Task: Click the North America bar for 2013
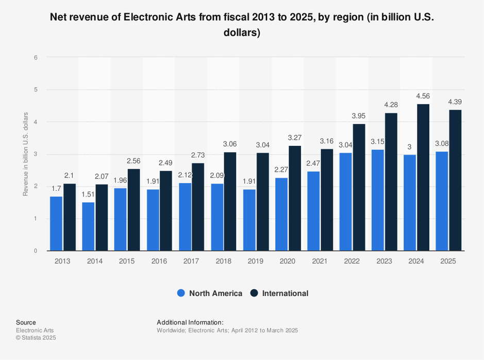tap(56, 223)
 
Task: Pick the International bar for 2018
tap(230, 201)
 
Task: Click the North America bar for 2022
tap(346, 202)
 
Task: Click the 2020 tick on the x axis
tap(288, 261)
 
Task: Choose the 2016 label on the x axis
tap(159, 261)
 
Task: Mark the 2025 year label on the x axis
tap(448, 261)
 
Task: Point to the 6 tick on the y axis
tap(36, 58)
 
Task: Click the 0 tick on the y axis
tap(36, 251)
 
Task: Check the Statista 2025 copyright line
tap(36, 338)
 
